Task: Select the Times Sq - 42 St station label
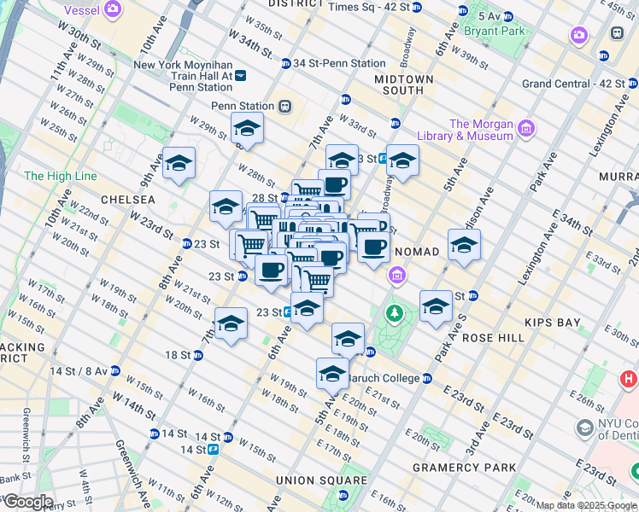(369, 7)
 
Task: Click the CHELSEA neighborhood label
(127, 200)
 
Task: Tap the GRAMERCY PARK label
(465, 468)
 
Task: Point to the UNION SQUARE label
(314, 480)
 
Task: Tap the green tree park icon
(394, 314)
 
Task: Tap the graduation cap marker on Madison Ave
(464, 244)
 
